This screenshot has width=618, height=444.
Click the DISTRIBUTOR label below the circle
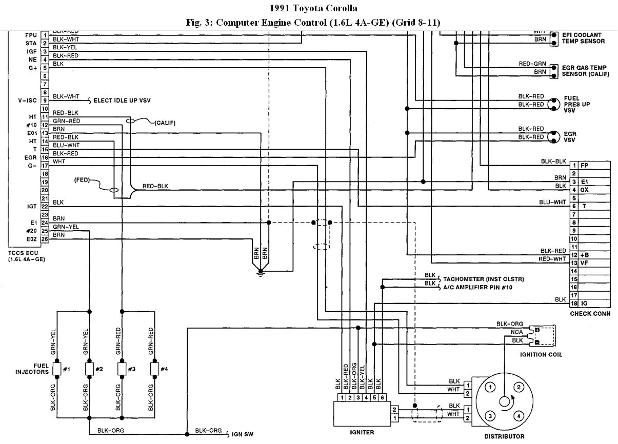504,436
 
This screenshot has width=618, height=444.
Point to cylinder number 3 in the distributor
490,415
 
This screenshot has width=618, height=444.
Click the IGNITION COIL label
541,354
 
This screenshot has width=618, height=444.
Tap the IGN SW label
243,434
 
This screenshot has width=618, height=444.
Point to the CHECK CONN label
590,313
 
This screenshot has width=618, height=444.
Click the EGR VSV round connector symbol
553,137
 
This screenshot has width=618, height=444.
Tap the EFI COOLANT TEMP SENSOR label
583,38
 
